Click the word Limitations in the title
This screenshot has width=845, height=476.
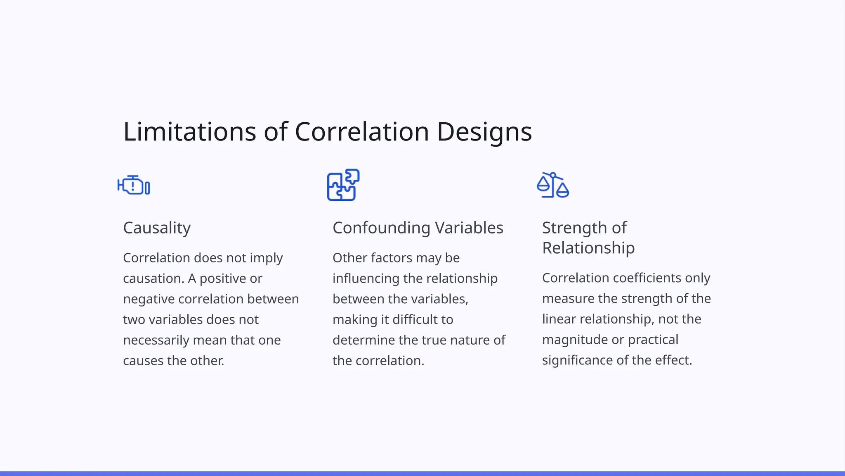tap(189, 132)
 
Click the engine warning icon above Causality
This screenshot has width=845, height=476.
tap(134, 185)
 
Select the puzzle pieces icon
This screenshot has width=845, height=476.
tap(343, 185)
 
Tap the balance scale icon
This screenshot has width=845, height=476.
tap(553, 185)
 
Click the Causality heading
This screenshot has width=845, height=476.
tap(157, 228)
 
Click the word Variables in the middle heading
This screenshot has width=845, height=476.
tap(469, 228)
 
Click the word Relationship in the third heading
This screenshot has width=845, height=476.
tap(588, 248)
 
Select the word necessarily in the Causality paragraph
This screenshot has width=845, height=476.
tap(156, 340)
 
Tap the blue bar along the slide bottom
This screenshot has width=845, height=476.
tap(422, 473)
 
